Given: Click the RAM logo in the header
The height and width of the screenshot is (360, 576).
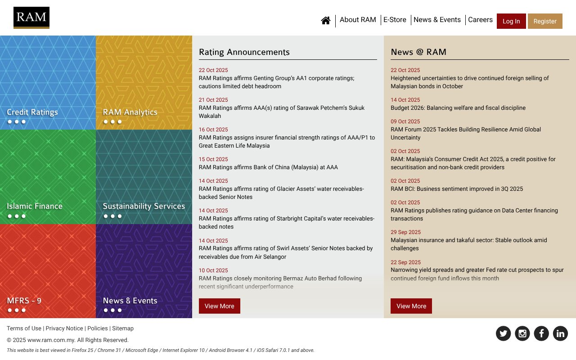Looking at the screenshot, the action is click(31, 18).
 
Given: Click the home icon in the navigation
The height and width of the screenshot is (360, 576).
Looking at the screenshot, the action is click(326, 20).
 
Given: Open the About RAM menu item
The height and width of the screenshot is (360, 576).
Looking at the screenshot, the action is click(358, 20).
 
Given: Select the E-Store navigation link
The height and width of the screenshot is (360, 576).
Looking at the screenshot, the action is click(395, 20).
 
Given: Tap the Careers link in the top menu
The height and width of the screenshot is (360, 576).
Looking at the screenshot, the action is click(480, 20).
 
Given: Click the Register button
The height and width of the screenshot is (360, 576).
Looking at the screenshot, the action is click(545, 21).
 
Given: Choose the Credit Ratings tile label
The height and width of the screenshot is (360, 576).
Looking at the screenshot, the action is click(32, 112).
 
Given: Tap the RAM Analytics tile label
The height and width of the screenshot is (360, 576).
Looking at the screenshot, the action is click(130, 112).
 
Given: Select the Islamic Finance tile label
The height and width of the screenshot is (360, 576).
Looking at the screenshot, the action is click(35, 206).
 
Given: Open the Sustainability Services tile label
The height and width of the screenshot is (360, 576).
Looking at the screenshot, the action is click(144, 206).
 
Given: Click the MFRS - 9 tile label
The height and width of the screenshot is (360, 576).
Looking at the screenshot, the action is click(24, 301).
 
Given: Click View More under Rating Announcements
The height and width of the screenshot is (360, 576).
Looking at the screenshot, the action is click(220, 306).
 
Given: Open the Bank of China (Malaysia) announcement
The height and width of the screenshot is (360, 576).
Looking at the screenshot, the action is click(268, 167).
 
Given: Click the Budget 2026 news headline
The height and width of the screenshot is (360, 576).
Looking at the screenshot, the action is click(458, 108).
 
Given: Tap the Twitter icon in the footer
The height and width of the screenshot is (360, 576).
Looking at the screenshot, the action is click(503, 333).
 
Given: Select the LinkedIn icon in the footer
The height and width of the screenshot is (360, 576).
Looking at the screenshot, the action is click(560, 333).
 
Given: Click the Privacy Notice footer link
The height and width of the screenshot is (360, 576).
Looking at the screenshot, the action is click(64, 328).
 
